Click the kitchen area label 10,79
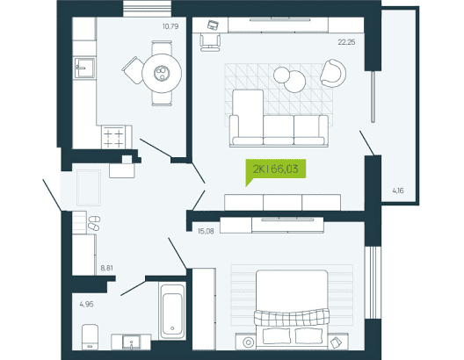[x=170, y=26]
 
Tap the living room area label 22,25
[x=346, y=42]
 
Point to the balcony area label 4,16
[x=398, y=191]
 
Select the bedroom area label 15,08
[x=206, y=231]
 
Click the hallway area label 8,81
[x=107, y=268]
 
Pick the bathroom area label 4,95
[x=86, y=304]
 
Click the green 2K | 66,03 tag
[x=276, y=169]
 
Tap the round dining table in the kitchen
[x=162, y=73]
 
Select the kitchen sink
[x=84, y=68]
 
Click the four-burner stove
[x=113, y=138]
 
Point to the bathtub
[x=172, y=311]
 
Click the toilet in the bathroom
[x=90, y=336]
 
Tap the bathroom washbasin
[x=132, y=342]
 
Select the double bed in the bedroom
[x=292, y=307]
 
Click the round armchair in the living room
[x=333, y=73]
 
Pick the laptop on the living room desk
[x=213, y=25]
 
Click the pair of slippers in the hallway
[x=94, y=223]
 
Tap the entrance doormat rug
[x=89, y=188]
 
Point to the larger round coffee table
[x=294, y=82]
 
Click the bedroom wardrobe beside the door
[x=204, y=309]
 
